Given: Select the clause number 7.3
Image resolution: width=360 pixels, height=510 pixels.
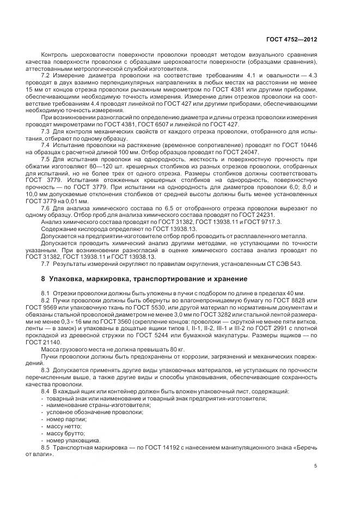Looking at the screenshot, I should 46,132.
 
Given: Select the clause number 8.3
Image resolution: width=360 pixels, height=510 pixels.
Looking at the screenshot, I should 46,370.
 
